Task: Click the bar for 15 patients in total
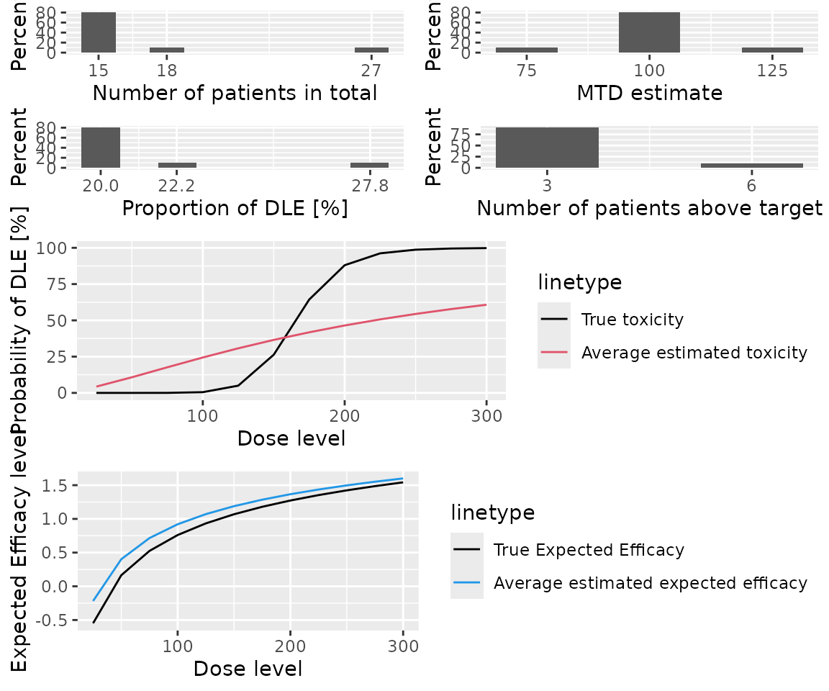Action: click(x=99, y=32)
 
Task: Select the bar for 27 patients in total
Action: click(x=371, y=50)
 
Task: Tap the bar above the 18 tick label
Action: click(x=167, y=50)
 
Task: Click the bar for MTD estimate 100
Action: click(x=649, y=32)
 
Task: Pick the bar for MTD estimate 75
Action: click(x=527, y=50)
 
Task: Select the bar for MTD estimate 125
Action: click(x=772, y=50)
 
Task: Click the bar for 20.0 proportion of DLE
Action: click(x=101, y=148)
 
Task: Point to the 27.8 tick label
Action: click(x=369, y=186)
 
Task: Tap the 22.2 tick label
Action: click(x=177, y=186)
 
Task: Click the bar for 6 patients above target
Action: click(x=751, y=166)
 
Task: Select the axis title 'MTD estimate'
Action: click(x=649, y=93)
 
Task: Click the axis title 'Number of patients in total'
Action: click(x=235, y=93)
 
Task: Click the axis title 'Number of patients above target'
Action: click(x=649, y=208)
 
